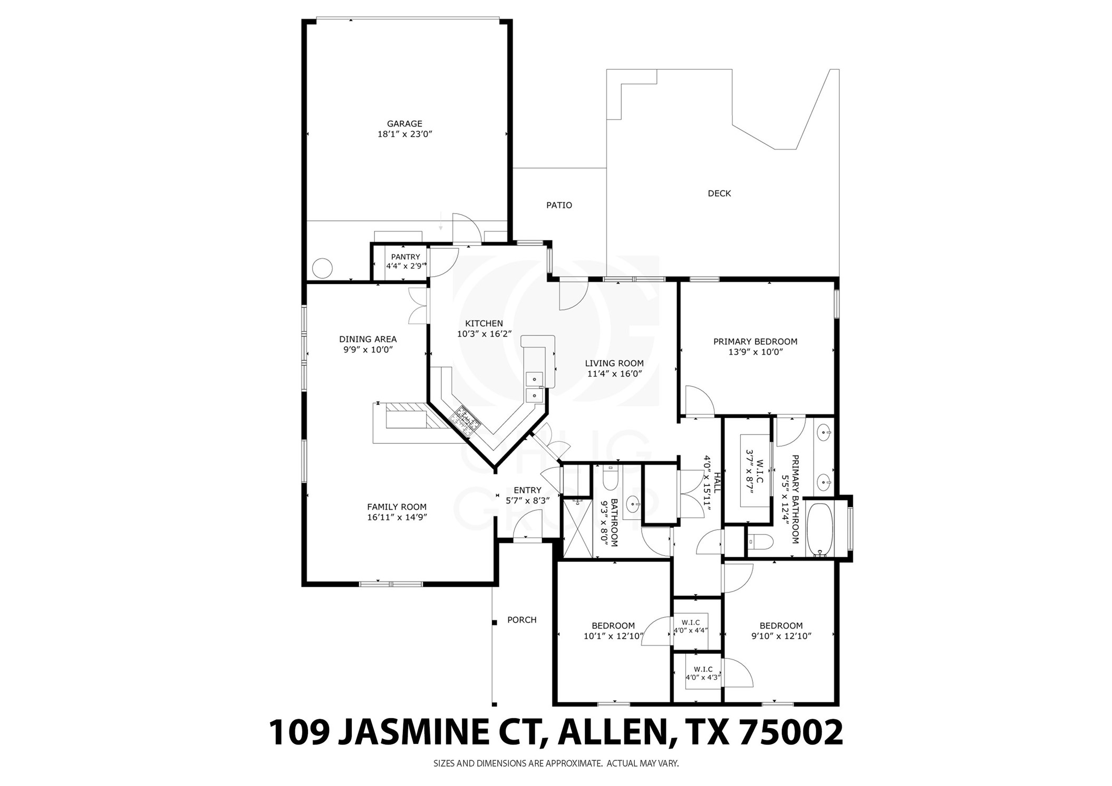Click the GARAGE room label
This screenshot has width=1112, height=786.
[404, 124]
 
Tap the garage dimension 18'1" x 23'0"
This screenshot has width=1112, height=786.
[404, 134]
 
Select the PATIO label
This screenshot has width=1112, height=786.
[559, 205]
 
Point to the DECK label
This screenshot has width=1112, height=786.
[719, 193]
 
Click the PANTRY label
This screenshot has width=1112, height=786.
[405, 257]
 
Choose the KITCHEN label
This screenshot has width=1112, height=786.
[484, 323]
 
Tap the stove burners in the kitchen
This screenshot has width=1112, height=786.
[465, 420]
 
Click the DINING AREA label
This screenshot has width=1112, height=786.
[368, 339]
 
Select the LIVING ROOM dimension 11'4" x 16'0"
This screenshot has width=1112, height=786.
[614, 374]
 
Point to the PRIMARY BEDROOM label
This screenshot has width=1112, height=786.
[755, 342]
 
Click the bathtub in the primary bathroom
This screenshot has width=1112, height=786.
[820, 529]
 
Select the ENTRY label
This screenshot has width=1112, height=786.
[527, 490]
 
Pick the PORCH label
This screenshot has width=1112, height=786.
[521, 620]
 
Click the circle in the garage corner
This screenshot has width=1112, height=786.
[322, 268]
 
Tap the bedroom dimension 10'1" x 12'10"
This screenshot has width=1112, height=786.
[613, 636]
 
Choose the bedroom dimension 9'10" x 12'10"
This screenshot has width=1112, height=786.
[781, 636]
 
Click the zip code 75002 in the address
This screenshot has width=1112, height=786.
[791, 732]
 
